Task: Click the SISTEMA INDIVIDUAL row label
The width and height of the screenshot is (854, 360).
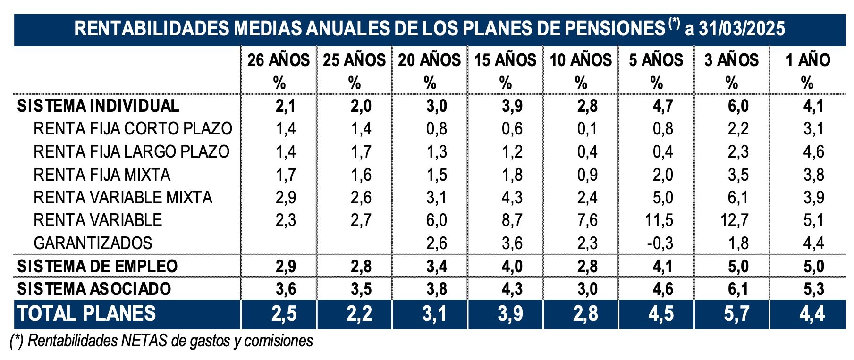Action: pyautogui.click(x=98, y=106)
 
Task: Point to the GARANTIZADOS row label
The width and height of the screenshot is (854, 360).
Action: pyautogui.click(x=93, y=243)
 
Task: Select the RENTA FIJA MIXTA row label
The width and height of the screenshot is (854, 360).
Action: pyautogui.click(x=102, y=175)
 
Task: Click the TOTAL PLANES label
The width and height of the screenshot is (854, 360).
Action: pyautogui.click(x=87, y=314)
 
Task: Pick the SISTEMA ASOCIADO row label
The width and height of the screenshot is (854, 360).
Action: pyautogui.click(x=94, y=289)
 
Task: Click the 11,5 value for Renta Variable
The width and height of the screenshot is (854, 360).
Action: pyautogui.click(x=659, y=220)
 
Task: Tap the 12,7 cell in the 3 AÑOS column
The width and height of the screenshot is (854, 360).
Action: pyautogui.click(x=735, y=220)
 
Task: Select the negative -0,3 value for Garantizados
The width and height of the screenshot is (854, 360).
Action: pyautogui.click(x=659, y=243)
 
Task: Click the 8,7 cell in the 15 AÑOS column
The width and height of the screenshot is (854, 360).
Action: pyautogui.click(x=512, y=220)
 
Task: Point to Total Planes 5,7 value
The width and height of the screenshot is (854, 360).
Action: pyautogui.click(x=736, y=314)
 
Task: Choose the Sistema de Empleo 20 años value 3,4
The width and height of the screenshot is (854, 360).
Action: pyautogui.click(x=436, y=266)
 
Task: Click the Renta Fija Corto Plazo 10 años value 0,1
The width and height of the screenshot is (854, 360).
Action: pyautogui.click(x=587, y=129)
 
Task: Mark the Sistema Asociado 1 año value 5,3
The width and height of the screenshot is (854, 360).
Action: pyautogui.click(x=813, y=289)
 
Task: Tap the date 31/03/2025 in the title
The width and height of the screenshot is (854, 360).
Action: pyautogui.click(x=742, y=29)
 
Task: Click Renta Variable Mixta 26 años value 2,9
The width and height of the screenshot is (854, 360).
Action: pyautogui.click(x=286, y=197)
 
